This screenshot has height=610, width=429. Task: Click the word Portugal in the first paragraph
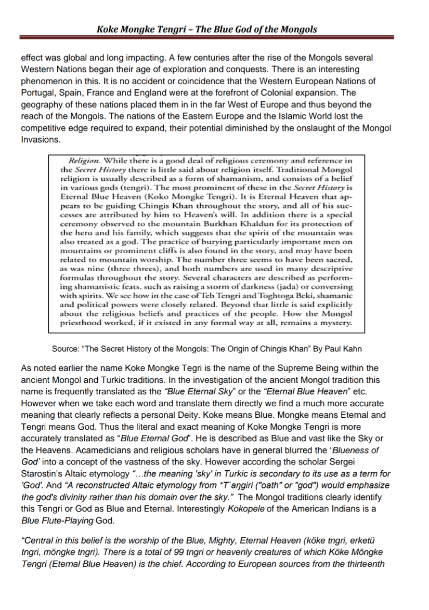coord(36,92)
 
